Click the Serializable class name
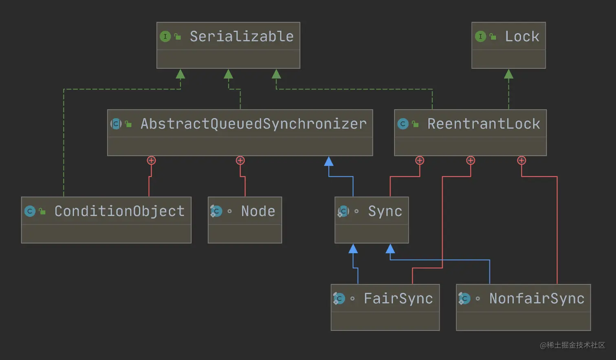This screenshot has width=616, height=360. coord(241,37)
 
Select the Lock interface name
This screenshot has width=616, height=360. coord(522,37)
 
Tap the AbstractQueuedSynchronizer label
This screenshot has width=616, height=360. coord(253,124)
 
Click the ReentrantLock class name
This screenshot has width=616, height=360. coord(484,124)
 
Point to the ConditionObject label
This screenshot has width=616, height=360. coord(119,211)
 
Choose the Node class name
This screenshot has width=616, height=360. coord(258,211)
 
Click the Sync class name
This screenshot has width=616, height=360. coord(385,211)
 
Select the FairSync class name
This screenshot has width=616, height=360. coord(398,298)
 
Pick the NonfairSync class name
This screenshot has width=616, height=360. coord(537,298)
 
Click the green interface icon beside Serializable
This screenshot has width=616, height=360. coord(165,37)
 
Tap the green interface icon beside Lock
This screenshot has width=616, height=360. coord(480,37)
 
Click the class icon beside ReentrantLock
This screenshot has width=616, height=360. coord(403,124)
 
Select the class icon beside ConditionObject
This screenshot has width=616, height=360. coord(30,211)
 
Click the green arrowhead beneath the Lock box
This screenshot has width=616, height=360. coord(508,74)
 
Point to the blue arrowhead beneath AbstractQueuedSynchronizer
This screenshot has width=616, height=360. coord(329,161)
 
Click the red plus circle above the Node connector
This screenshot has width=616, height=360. coord(240,161)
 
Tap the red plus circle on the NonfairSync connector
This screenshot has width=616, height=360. coord(521,161)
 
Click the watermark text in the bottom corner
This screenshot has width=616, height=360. coord(572,345)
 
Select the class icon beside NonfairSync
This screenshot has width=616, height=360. coord(464,298)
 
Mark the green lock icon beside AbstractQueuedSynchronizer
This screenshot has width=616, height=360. coord(129,124)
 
